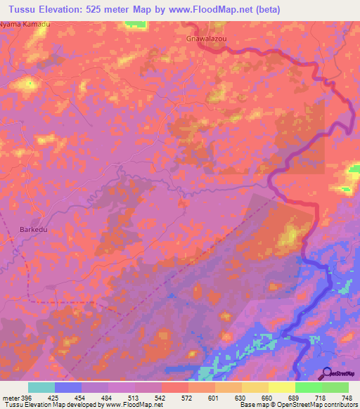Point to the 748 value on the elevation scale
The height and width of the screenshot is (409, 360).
coord(346,398)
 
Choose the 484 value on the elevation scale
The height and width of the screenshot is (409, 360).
coord(105,398)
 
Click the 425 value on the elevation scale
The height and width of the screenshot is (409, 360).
coord(53,398)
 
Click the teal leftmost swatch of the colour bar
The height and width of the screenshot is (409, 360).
coord(41,387)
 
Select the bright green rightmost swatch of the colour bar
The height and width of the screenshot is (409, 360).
coord(335,387)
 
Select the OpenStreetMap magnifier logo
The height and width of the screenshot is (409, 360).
coord(328,373)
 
